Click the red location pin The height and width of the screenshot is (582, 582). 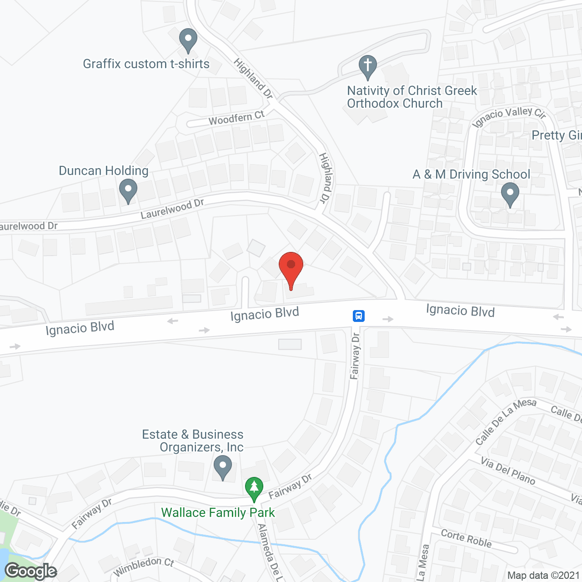pyautogui.click(x=291, y=266)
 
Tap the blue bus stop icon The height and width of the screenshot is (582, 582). pyautogui.click(x=358, y=316)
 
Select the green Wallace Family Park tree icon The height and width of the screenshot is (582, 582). pyautogui.click(x=254, y=488)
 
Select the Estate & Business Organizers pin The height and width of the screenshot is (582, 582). pyautogui.click(x=223, y=467)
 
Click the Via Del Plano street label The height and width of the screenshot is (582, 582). pyautogui.click(x=508, y=471)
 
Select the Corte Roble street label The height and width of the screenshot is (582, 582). pyautogui.click(x=466, y=538)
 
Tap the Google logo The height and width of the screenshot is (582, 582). pyautogui.click(x=31, y=571)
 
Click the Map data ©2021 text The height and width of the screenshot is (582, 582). pyautogui.click(x=543, y=576)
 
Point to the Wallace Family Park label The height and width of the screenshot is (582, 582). pyautogui.click(x=218, y=513)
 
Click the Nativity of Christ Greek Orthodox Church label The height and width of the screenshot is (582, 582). pyautogui.click(x=411, y=97)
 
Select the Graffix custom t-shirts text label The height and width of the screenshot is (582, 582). pyautogui.click(x=146, y=64)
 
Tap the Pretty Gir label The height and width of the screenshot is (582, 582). pyautogui.click(x=557, y=135)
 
